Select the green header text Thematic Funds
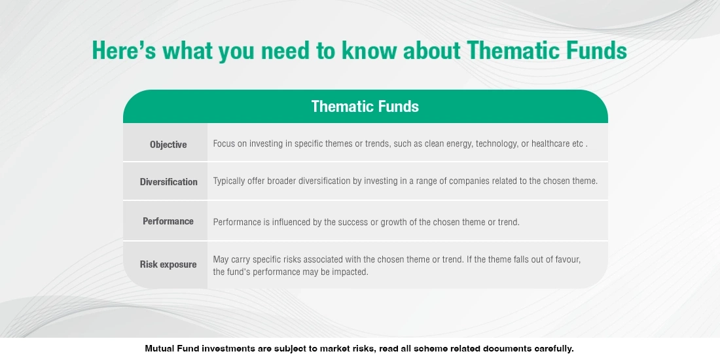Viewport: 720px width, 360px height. tap(365, 107)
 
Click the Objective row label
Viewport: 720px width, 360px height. tap(168, 145)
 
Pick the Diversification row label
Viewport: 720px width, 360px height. tap(168, 182)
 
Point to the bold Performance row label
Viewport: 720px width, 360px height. tap(168, 221)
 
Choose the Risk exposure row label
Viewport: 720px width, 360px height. tap(168, 264)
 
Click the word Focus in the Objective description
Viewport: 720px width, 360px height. tap(225, 144)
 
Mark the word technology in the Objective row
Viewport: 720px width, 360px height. tap(495, 144)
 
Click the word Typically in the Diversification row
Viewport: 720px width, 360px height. tap(229, 181)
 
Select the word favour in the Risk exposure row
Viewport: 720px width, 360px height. tap(567, 260)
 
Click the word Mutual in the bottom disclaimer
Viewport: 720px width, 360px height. tap(159, 349)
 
